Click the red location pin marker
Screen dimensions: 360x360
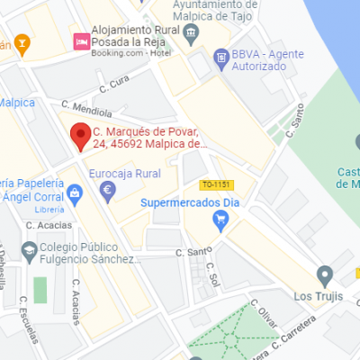click(x=80, y=136)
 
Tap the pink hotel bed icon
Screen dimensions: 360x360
click(x=82, y=40)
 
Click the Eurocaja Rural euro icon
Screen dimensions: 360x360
click(x=108, y=191)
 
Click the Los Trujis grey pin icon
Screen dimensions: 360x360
click(x=326, y=274)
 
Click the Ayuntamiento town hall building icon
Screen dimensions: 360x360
click(x=191, y=34)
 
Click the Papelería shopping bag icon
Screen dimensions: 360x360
click(x=75, y=191)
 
